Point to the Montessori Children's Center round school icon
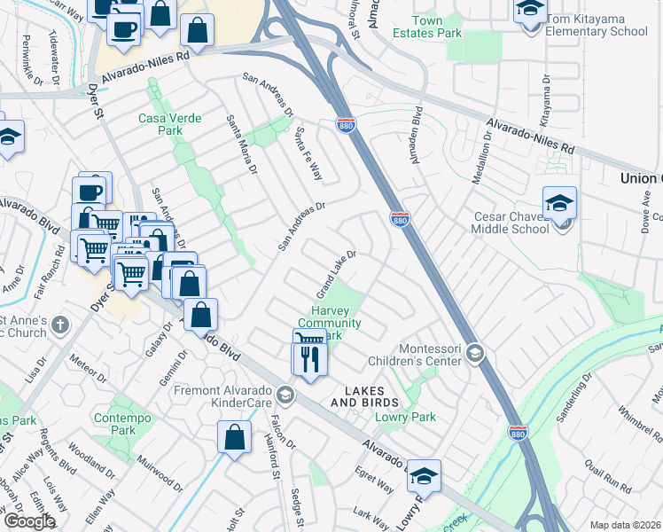pos(475,354)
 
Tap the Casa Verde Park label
pos(169,124)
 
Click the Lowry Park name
pos(406,417)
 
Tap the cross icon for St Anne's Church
pos(59,325)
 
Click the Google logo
pos(29,521)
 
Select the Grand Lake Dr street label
pos(337,274)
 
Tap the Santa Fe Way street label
pos(307,153)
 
